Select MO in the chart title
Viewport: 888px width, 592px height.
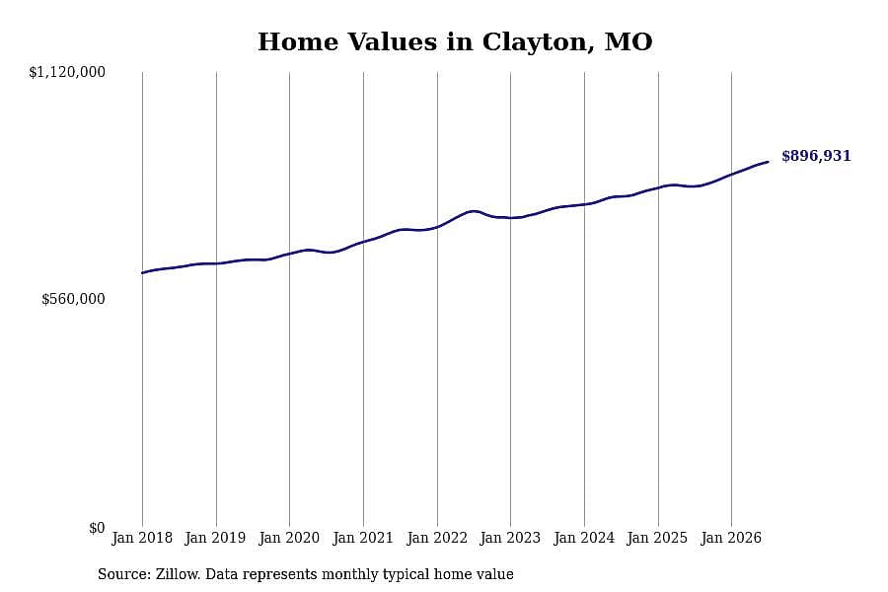[629, 41]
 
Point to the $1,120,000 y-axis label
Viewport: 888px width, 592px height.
[67, 72]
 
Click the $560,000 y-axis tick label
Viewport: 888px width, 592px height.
[73, 299]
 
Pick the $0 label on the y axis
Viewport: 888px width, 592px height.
[97, 528]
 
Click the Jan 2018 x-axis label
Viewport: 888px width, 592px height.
[142, 538]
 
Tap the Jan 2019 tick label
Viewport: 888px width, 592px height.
[215, 538]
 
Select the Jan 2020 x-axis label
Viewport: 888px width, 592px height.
[289, 538]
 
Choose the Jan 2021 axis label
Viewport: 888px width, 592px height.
[363, 538]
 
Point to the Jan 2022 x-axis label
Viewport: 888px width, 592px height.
[437, 538]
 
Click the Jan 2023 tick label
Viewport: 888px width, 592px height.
[510, 538]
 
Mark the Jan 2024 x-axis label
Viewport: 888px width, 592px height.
[584, 538]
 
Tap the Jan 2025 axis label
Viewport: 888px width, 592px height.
[657, 538]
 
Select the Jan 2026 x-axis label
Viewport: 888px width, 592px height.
[731, 538]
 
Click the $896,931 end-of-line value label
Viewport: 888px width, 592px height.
[816, 156]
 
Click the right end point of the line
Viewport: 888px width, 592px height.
[768, 162]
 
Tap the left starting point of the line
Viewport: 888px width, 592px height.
[142, 273]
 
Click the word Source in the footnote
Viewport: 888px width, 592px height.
[124, 574]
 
